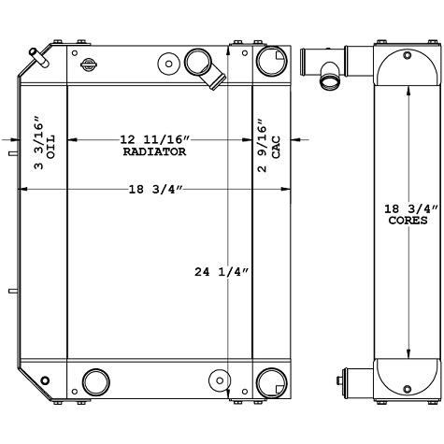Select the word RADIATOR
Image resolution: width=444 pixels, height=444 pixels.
point(154,150)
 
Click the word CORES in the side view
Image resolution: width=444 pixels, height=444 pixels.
point(408,222)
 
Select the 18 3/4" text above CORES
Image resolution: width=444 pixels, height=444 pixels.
point(408,209)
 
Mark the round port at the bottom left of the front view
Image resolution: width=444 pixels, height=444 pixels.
point(95,381)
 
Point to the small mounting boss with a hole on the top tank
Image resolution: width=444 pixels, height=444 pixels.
point(168,64)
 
